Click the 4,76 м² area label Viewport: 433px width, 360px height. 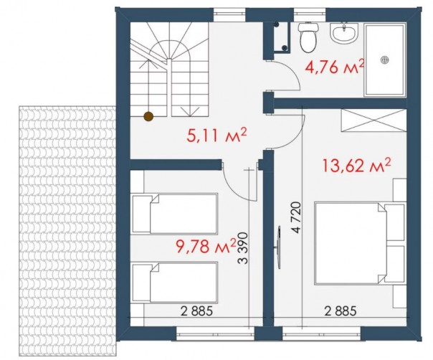[334, 67]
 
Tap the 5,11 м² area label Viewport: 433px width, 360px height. [217, 136]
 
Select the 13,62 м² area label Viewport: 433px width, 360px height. [356, 166]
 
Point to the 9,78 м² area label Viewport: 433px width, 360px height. [206, 247]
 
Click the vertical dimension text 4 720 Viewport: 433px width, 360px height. [295, 218]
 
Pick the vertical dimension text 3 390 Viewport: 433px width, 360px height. [243, 248]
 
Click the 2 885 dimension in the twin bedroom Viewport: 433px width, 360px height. [197, 311]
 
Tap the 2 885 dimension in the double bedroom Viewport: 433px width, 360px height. [341, 311]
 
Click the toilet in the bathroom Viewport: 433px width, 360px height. [309, 37]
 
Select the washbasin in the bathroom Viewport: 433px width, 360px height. [345, 33]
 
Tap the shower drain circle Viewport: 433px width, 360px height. [384, 60]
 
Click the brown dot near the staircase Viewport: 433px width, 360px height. [149, 117]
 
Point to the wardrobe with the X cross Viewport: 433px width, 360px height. [374, 120]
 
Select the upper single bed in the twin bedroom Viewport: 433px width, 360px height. [175, 214]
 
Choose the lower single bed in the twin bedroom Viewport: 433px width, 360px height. [175, 283]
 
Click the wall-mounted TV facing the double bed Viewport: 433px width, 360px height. [279, 247]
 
